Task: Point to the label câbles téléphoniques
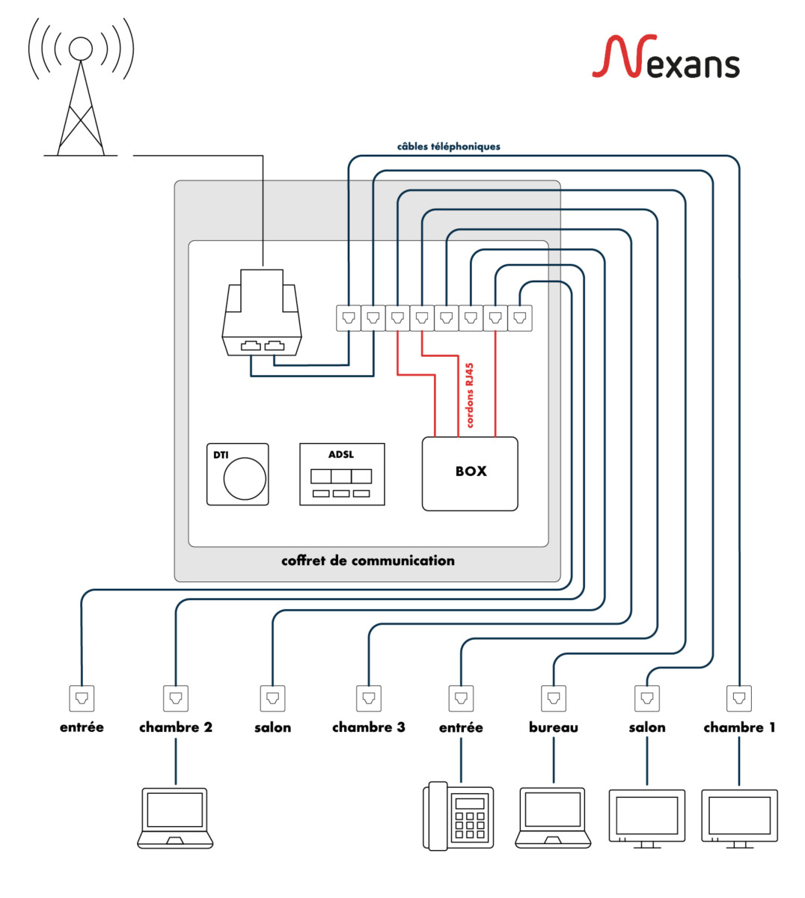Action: click(x=448, y=147)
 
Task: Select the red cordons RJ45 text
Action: click(x=469, y=395)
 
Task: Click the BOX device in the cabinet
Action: click(x=470, y=473)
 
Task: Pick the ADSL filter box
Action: click(x=342, y=474)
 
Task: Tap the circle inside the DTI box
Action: click(x=245, y=478)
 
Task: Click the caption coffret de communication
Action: click(x=367, y=561)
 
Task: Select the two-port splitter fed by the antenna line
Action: click(x=262, y=314)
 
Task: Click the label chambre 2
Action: click(x=176, y=727)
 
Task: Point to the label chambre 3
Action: click(x=368, y=727)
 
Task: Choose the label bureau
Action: click(x=554, y=727)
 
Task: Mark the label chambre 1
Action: click(x=739, y=727)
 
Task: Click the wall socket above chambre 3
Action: click(x=368, y=698)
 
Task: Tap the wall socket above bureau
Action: click(x=554, y=698)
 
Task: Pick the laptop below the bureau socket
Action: click(x=554, y=817)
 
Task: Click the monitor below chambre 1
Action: click(x=739, y=818)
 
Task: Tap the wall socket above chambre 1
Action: click(x=739, y=698)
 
